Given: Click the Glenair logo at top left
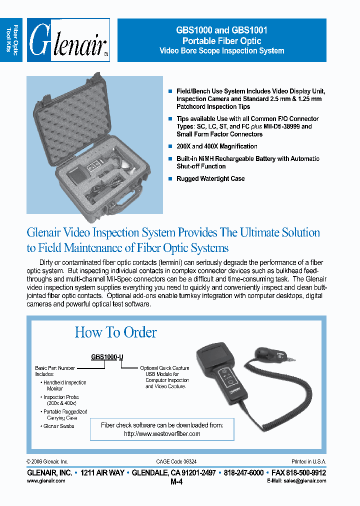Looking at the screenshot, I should pos(68,40).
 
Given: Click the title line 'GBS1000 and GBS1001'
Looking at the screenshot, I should pos(221,30).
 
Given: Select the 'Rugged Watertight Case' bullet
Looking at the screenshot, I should pos(210,178).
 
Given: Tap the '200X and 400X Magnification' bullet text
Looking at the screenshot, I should pos(216,146).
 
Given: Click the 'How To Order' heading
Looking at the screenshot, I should pos(115,332).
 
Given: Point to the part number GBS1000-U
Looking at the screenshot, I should pos(106,357).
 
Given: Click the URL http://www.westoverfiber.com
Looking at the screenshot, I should pos(162,434).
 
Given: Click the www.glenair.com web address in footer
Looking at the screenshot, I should pos(46,480).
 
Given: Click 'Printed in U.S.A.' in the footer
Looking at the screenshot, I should pos(308,462).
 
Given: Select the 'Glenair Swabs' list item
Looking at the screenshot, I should pos(58,426).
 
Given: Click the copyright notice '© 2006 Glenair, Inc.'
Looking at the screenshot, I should pos(47,462).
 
